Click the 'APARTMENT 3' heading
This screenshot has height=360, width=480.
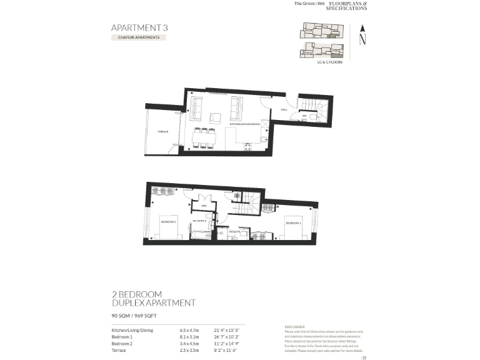[139, 27]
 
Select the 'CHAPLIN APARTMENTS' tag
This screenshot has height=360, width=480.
[138, 37]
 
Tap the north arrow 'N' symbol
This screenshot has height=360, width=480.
[362, 37]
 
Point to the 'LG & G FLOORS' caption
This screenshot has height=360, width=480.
[329, 62]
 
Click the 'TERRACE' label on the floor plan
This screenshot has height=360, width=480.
[162, 132]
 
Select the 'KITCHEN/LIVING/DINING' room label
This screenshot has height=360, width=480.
[246, 124]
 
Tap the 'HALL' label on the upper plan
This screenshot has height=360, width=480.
[284, 109]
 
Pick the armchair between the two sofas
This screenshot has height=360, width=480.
[215, 117]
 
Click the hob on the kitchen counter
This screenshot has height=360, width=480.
[247, 148]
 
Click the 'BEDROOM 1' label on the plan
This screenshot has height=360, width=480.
[293, 222]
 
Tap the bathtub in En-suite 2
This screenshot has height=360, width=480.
[201, 236]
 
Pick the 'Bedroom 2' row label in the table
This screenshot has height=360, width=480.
[122, 344]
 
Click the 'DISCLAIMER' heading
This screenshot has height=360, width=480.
[295, 327]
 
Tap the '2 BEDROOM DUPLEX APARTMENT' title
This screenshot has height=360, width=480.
[153, 298]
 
